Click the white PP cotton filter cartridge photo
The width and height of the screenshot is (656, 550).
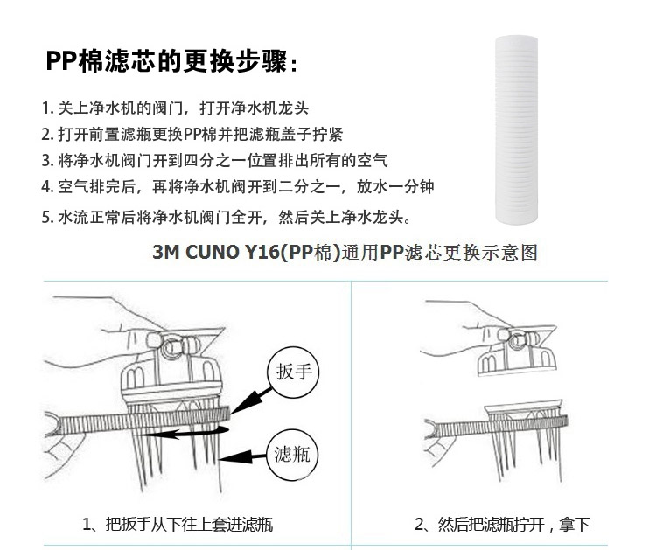[x=516, y=129]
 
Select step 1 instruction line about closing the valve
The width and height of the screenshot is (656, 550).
[x=175, y=108]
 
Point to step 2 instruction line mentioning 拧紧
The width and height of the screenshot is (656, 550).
[x=192, y=135]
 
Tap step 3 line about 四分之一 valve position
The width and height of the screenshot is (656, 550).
[x=214, y=160]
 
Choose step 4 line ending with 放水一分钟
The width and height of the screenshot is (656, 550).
[x=238, y=186]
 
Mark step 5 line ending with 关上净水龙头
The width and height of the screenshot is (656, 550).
[x=227, y=217]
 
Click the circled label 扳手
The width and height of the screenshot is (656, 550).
[x=293, y=372]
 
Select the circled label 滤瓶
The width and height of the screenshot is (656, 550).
[x=292, y=455]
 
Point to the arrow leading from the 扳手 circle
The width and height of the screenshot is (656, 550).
[x=251, y=400]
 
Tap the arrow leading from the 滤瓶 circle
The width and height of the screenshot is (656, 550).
[x=242, y=456]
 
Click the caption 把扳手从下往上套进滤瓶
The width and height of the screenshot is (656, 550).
[x=178, y=524]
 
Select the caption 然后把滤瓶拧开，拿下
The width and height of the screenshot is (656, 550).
[x=502, y=524]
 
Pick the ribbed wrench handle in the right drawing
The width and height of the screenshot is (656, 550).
[x=497, y=427]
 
